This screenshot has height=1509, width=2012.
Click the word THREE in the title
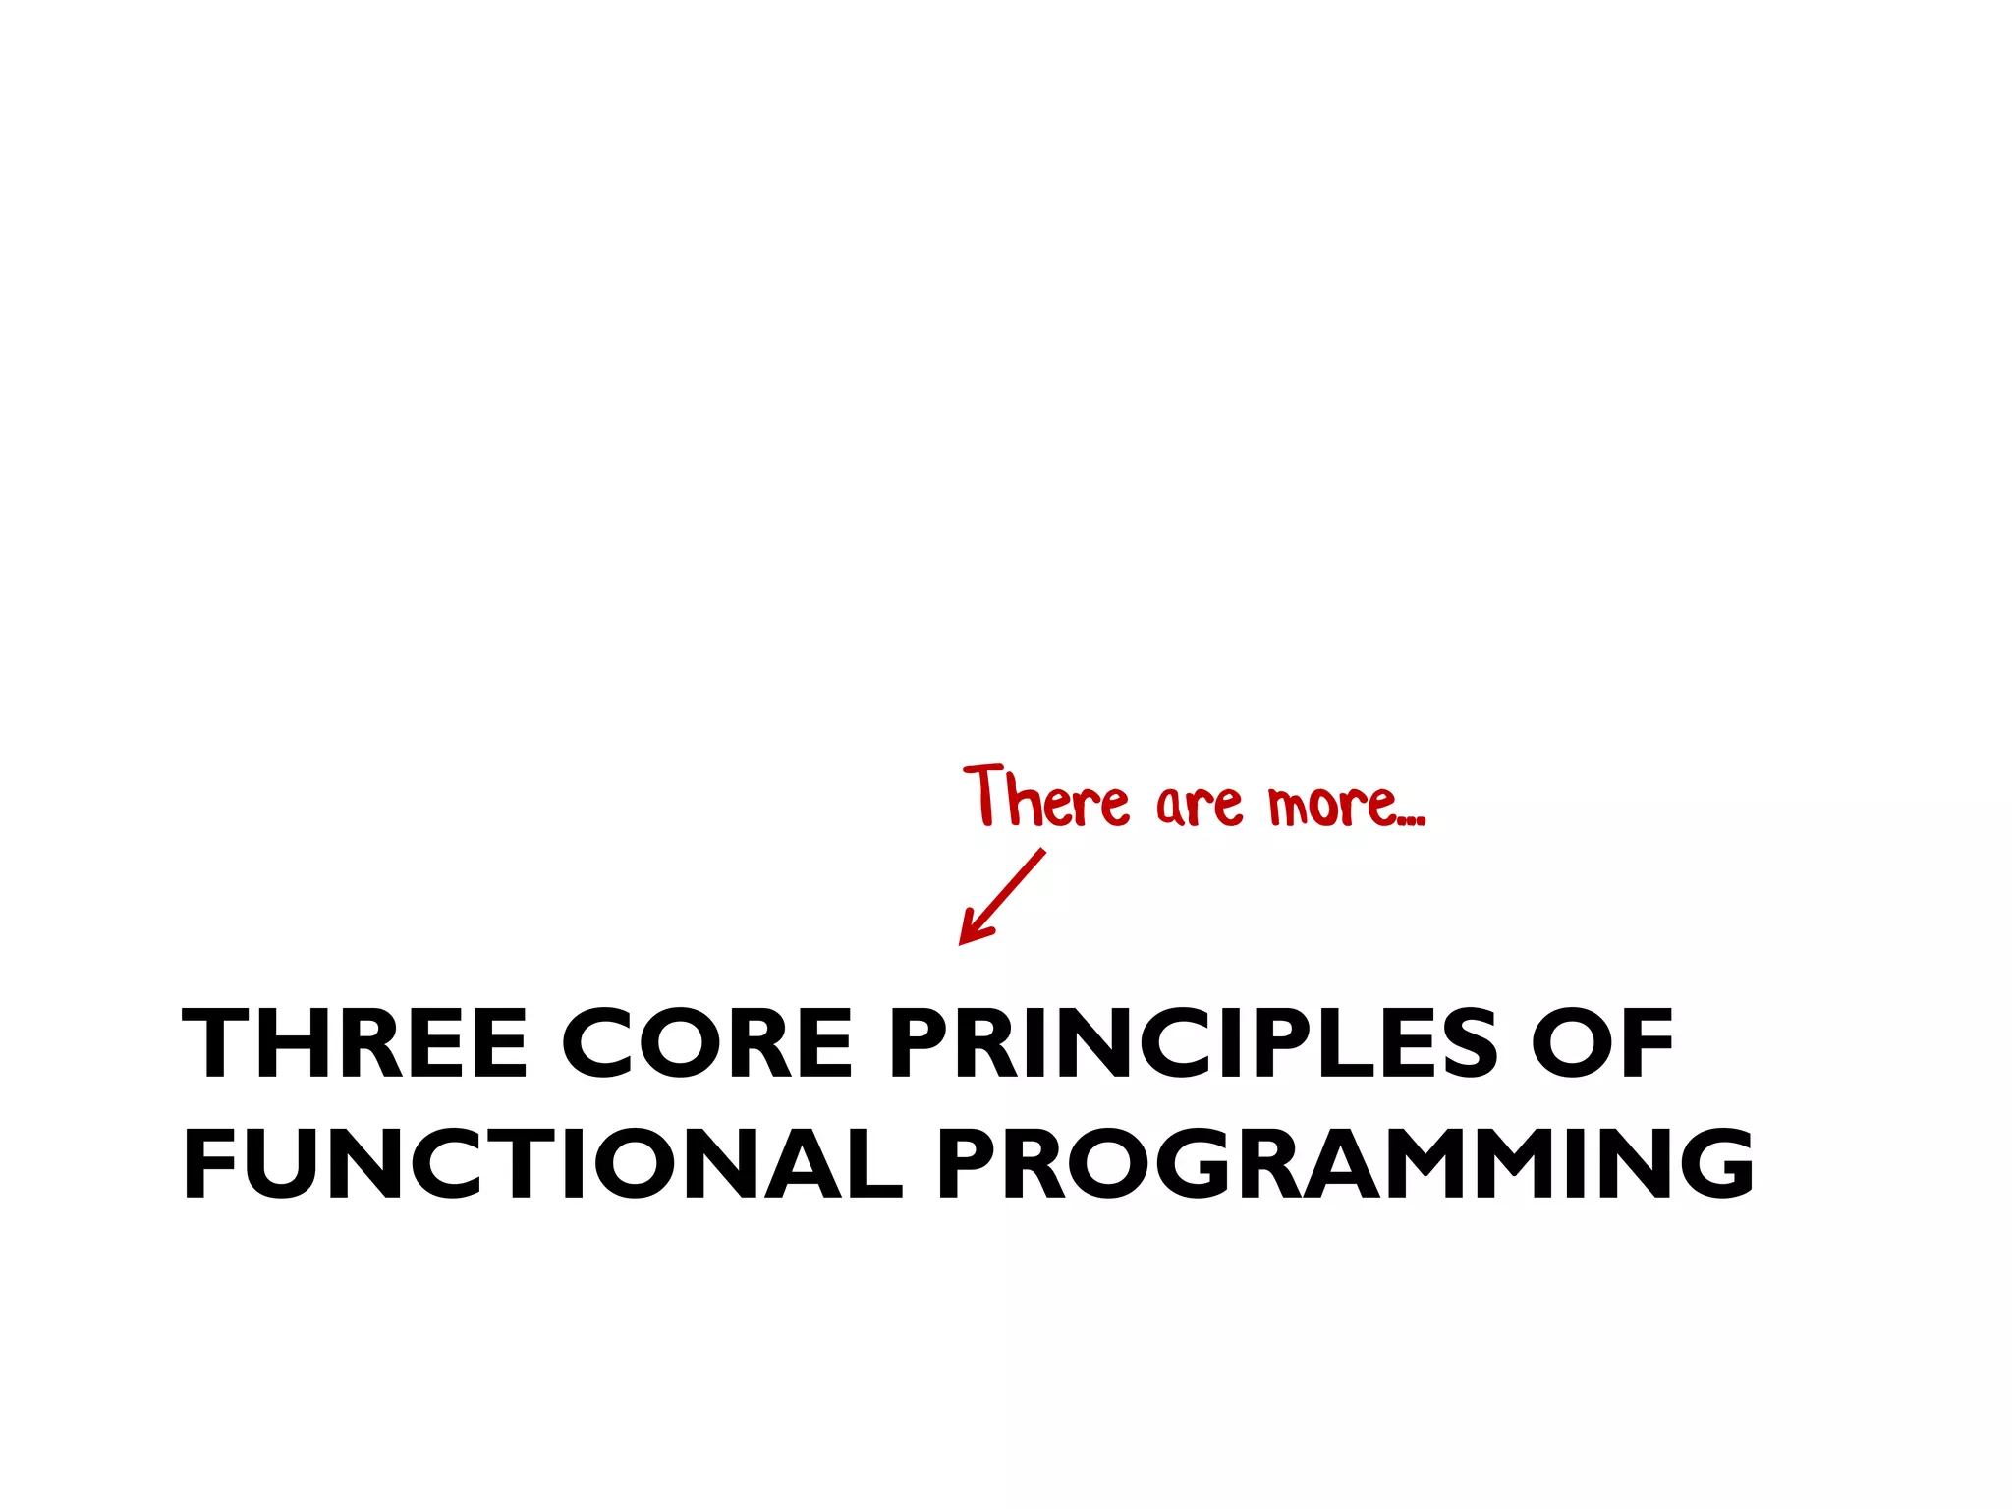coord(355,1043)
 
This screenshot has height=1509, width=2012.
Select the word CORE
coord(706,1043)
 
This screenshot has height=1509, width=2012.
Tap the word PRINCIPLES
coord(1192,1043)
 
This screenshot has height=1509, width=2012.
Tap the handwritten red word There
coord(1046,798)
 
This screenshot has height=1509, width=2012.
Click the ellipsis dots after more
coord(1411,818)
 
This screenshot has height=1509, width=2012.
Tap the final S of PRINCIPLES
coord(1463,1043)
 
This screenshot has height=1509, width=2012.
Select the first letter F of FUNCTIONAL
coord(209,1164)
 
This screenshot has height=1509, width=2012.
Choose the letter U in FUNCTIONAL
coord(281,1164)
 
